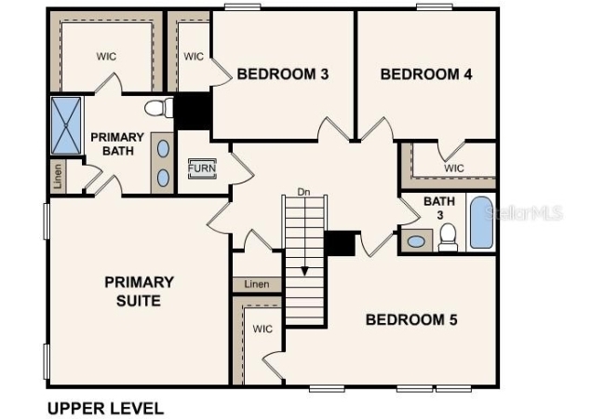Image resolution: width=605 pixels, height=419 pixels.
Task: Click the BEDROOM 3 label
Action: tap(283, 74)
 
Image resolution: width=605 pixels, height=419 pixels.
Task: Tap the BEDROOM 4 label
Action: tap(426, 74)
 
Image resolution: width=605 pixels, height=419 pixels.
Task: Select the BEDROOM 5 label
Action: tap(411, 320)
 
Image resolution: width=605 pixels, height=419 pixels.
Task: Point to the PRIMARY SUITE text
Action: tap(139, 291)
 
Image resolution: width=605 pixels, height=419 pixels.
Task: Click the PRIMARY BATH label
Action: tap(117, 144)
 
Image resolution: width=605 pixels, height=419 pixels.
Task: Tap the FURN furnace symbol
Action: tap(202, 169)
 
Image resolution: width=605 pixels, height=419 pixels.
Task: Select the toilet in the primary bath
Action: tap(159, 108)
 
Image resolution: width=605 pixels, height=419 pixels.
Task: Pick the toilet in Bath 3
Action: tap(448, 237)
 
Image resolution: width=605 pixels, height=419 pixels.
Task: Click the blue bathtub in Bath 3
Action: tap(481, 223)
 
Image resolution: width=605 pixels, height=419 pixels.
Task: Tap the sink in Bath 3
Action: tap(416, 241)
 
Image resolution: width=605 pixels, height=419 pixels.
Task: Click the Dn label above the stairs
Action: tap(303, 192)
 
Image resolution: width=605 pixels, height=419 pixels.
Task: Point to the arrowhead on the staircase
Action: tap(304, 271)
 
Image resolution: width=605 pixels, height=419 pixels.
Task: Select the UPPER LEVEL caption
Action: tap(105, 408)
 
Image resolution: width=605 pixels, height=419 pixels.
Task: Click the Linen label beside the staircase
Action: tap(257, 284)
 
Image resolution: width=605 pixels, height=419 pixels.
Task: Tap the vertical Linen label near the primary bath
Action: tap(58, 176)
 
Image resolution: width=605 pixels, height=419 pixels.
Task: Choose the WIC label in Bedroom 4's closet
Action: tap(454, 169)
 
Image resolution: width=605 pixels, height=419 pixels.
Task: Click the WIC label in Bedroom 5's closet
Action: tap(262, 329)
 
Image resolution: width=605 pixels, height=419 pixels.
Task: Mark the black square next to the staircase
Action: tap(340, 243)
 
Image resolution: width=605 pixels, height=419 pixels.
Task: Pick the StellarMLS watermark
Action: tap(523, 213)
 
